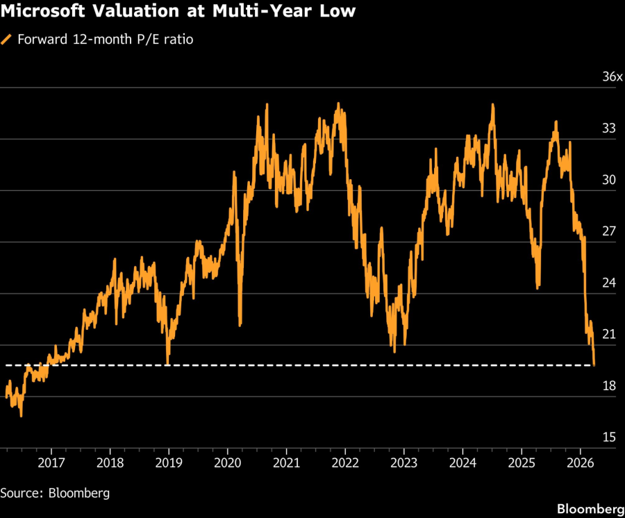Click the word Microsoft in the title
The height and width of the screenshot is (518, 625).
coord(42,12)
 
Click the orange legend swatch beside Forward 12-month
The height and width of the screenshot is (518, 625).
coord(6,40)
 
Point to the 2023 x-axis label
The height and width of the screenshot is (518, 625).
coord(404,462)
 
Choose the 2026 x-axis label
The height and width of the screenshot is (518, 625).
coord(580,462)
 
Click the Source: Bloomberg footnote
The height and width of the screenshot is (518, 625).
coord(55,493)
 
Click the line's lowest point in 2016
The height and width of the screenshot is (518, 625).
coord(21,416)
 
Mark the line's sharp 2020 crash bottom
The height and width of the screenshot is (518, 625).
coord(240,324)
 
